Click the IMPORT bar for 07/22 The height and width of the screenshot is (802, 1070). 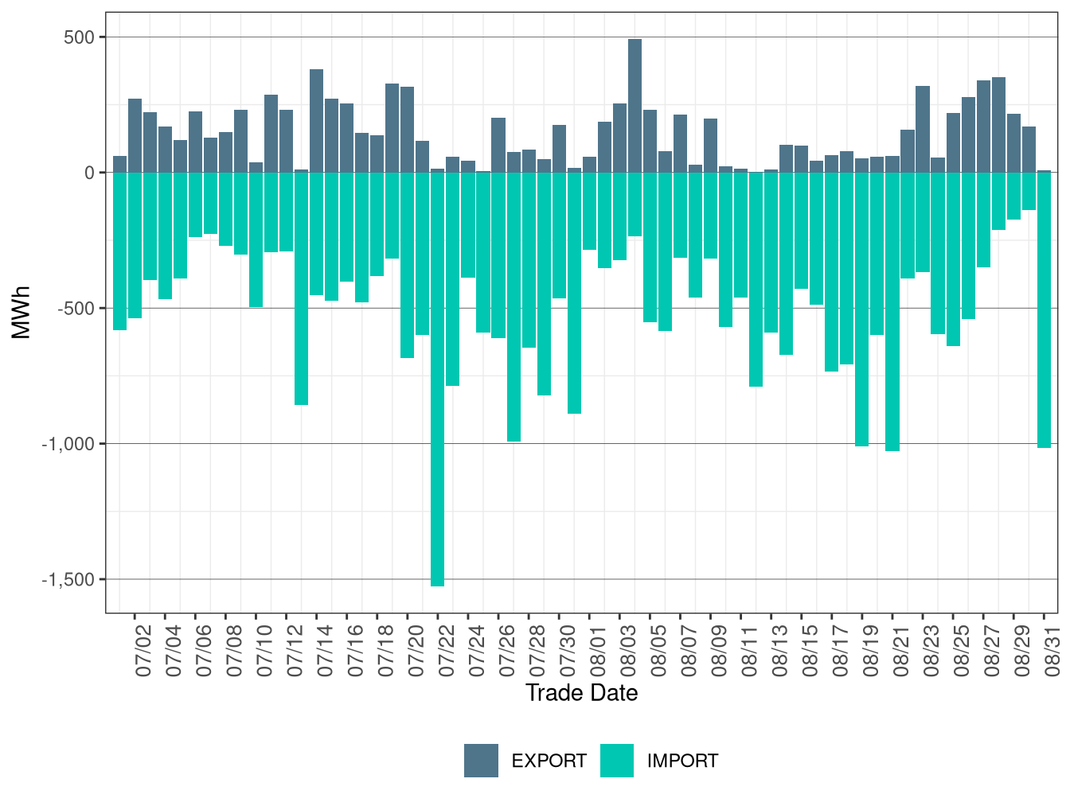[x=437, y=379]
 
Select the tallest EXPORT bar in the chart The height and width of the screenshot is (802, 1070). [x=635, y=106]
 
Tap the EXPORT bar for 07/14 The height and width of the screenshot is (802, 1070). [x=316, y=121]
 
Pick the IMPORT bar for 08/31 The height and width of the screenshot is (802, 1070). [x=1044, y=310]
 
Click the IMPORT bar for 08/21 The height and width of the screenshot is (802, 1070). [x=892, y=312]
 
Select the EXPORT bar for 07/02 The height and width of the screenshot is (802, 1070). [x=135, y=135]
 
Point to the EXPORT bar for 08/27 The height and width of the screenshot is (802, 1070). [x=983, y=127]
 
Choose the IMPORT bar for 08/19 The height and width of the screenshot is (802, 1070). [x=862, y=310]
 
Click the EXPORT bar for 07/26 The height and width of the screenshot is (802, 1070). [x=498, y=145]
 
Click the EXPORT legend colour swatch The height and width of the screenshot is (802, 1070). [x=481, y=760]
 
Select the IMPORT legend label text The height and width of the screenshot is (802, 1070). [x=682, y=761]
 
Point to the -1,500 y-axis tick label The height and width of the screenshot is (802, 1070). [x=68, y=579]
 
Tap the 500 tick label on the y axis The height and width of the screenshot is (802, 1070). [x=79, y=37]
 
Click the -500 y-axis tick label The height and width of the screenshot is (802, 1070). [x=76, y=308]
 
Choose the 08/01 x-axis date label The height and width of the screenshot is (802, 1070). [x=598, y=652]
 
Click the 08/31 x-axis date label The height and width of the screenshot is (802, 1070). [x=1052, y=652]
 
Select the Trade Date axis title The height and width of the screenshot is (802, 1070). [x=581, y=693]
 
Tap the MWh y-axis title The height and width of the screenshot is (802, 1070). [x=21, y=313]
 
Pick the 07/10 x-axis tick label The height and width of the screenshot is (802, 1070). [x=264, y=652]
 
